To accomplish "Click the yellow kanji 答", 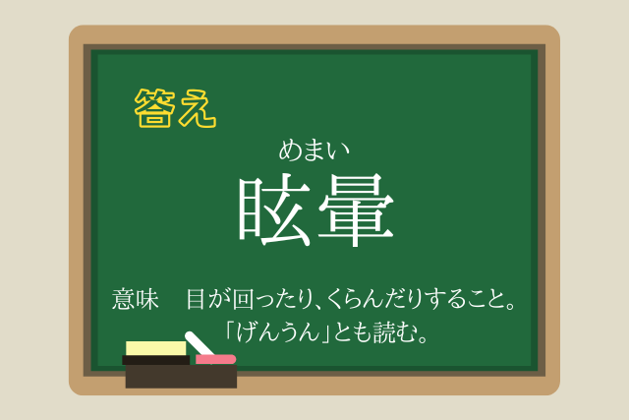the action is pyautogui.click(x=155, y=108).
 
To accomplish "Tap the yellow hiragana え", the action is pyautogui.click(x=198, y=108).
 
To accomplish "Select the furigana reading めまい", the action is pyautogui.click(x=314, y=150).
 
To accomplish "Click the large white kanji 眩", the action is pyautogui.click(x=275, y=210).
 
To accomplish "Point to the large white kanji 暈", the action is pyautogui.click(x=356, y=210).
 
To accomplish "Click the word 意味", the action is pyautogui.click(x=136, y=299).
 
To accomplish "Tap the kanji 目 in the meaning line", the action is pyautogui.click(x=196, y=299).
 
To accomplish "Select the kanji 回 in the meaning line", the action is pyautogui.click(x=243, y=300).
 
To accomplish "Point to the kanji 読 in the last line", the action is pyautogui.click(x=384, y=332).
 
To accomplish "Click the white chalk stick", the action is pyautogui.click(x=200, y=343).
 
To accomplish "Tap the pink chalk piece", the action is pyautogui.click(x=215, y=359).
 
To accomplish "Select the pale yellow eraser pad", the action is pyautogui.click(x=156, y=348).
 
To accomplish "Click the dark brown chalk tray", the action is pyautogui.click(x=181, y=377).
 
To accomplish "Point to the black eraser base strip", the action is pyautogui.click(x=156, y=360).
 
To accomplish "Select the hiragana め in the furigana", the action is pyautogui.click(x=290, y=150).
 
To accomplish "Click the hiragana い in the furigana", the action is pyautogui.click(x=338, y=151).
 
